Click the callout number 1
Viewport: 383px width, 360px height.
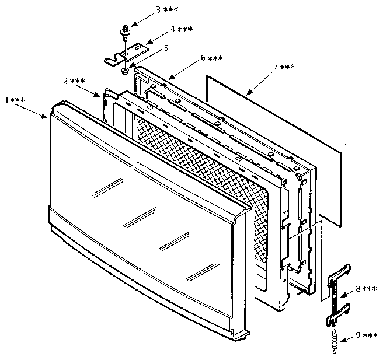coord(7,101)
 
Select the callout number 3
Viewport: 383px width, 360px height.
coord(158,10)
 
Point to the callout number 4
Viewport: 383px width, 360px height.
coord(172,29)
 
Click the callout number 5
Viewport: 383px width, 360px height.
coord(166,47)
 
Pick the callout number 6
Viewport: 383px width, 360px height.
coord(203,58)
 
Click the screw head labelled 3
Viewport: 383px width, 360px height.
coord(126,28)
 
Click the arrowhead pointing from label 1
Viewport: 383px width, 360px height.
coord(48,117)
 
